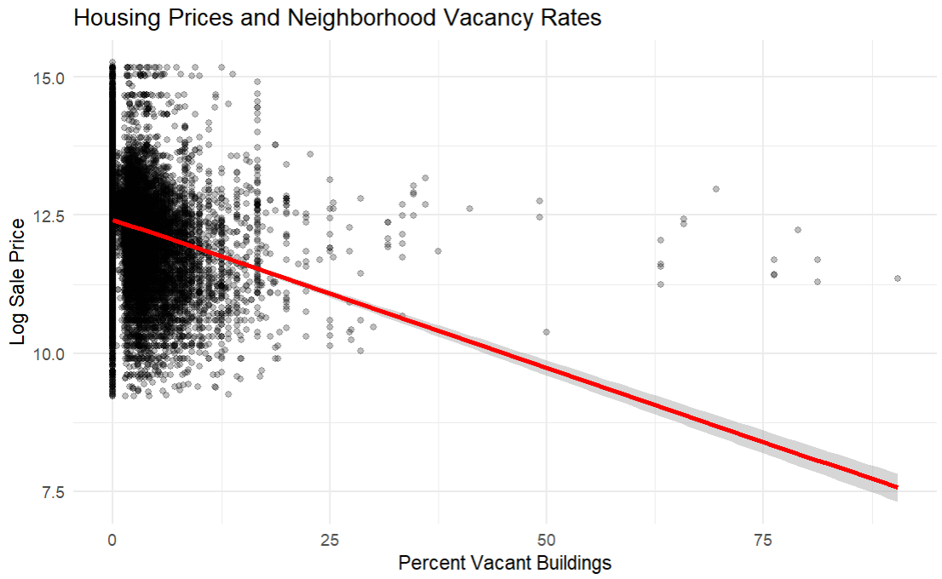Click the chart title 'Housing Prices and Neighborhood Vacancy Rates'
pyautogui.click(x=337, y=19)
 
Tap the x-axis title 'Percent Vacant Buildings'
pyautogui.click(x=504, y=563)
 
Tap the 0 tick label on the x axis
pyautogui.click(x=112, y=540)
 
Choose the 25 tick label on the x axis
pyautogui.click(x=330, y=540)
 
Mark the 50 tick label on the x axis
pyautogui.click(x=547, y=540)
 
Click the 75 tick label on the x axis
pyautogui.click(x=764, y=540)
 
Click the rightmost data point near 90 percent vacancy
pyautogui.click(x=897, y=278)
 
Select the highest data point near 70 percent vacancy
pyautogui.click(x=715, y=189)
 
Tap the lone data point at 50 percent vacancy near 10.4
pyautogui.click(x=546, y=332)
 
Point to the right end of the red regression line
pyautogui.click(x=896, y=488)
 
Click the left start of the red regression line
pyautogui.click(x=113, y=221)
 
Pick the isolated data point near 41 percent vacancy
pyautogui.click(x=468, y=209)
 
